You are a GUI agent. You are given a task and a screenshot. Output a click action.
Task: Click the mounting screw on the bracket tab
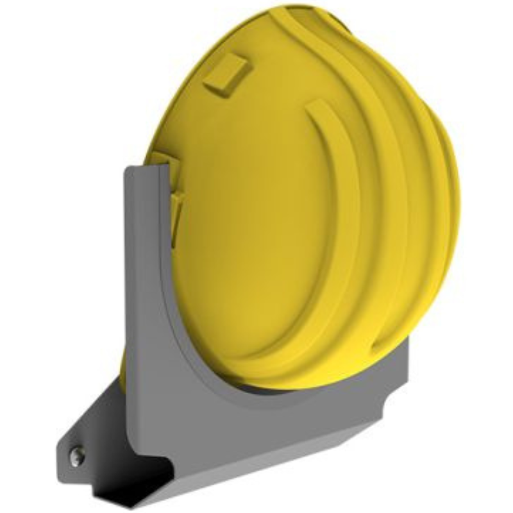[76, 456]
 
